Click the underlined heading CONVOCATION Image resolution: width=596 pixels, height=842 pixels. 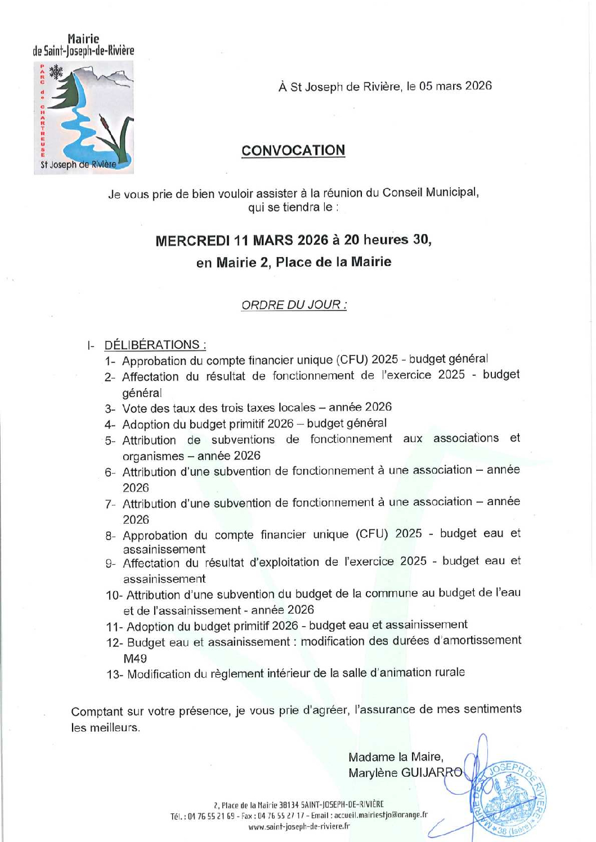[293, 151]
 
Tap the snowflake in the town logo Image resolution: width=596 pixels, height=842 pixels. [56, 72]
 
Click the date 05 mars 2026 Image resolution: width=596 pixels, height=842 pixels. [455, 86]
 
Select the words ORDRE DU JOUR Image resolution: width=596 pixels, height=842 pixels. [293, 305]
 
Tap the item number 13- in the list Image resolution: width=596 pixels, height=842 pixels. [115, 674]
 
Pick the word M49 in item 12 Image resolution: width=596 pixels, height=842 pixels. [135, 659]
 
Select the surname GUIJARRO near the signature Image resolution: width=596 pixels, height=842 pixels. [432, 773]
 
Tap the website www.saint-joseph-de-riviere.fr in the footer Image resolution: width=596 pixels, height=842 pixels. [299, 826]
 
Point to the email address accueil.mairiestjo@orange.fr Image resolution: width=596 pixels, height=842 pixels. [381, 815]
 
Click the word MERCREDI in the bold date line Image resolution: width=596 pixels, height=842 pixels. [192, 241]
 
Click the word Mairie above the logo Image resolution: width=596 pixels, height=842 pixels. [83, 39]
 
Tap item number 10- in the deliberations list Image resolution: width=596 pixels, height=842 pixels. [114, 595]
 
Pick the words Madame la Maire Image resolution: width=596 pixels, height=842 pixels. [396, 757]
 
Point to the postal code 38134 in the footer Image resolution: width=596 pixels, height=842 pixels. [289, 805]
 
